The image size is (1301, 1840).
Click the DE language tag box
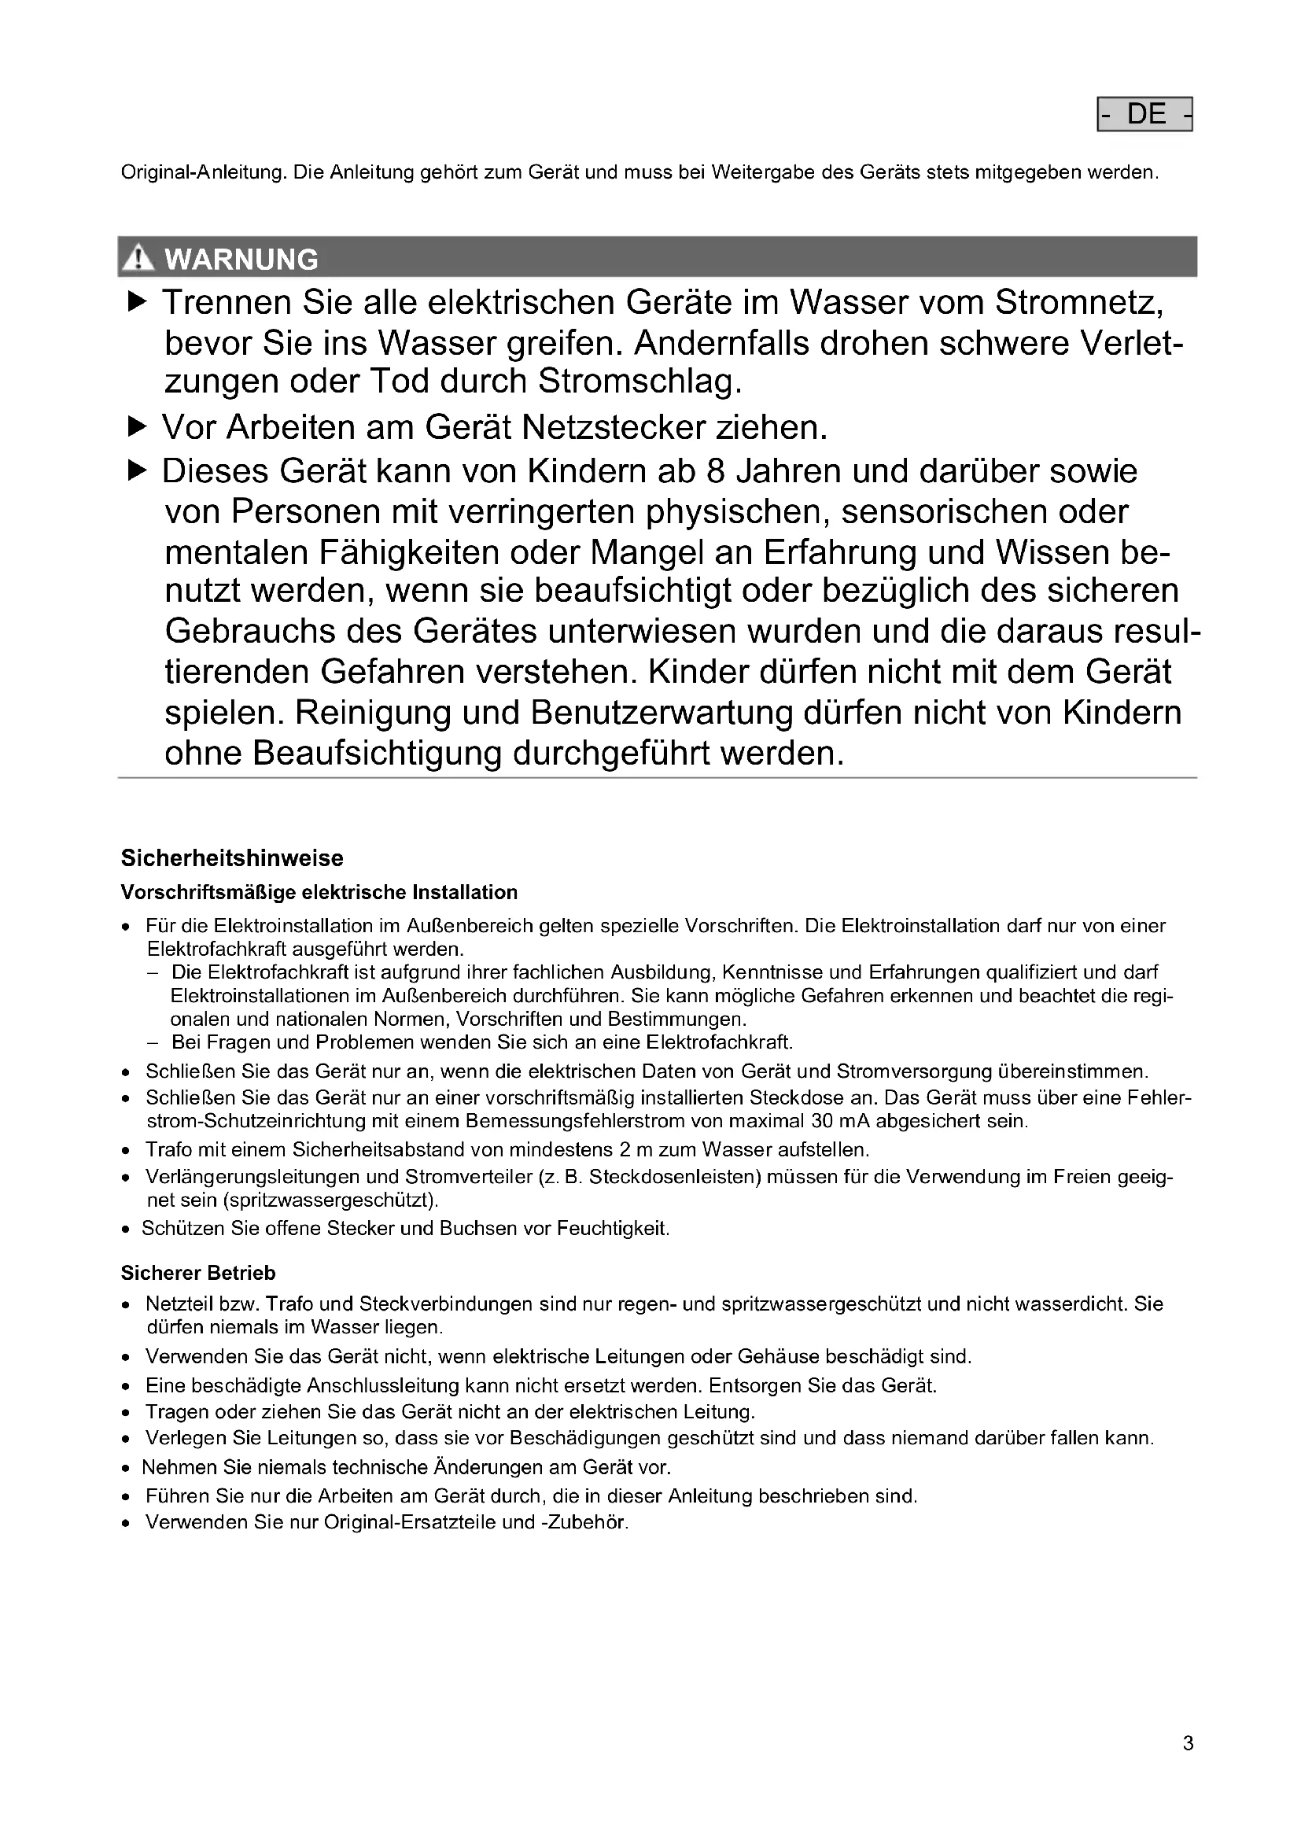pos(1144,115)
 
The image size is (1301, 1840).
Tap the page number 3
pos(1187,1743)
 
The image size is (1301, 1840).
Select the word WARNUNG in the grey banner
pos(241,260)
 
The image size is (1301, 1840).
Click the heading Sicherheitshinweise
pos(231,858)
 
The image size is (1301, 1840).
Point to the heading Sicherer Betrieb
pos(198,1273)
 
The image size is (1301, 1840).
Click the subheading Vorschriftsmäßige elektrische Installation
pos(319,892)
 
